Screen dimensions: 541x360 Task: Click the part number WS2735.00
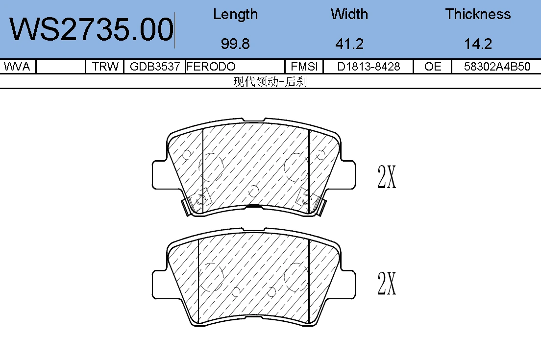pos(92,30)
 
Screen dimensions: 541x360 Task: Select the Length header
pos(235,15)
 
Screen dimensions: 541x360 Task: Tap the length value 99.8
pos(235,44)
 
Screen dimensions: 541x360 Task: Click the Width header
pos(349,14)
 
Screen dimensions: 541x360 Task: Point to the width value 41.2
pos(349,44)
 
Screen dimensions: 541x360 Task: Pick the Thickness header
pos(478,14)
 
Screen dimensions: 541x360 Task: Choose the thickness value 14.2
pos(478,44)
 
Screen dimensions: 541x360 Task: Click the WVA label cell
pos(17,66)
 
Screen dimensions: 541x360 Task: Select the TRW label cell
pos(105,66)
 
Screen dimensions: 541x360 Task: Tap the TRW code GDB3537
pos(155,66)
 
